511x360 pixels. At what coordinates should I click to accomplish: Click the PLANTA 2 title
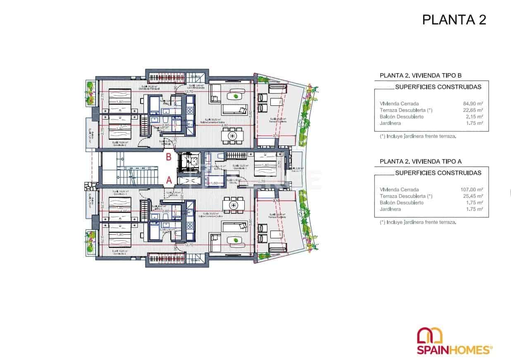(454, 20)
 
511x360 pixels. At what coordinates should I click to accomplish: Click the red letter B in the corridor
(169, 157)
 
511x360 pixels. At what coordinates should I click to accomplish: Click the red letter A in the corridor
(169, 180)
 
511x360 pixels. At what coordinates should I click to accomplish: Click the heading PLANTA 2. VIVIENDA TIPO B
(420, 76)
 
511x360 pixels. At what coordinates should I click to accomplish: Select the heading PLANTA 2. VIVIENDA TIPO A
(420, 162)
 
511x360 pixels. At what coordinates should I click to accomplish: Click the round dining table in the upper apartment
(233, 136)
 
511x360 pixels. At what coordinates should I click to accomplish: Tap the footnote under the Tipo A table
(418, 222)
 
